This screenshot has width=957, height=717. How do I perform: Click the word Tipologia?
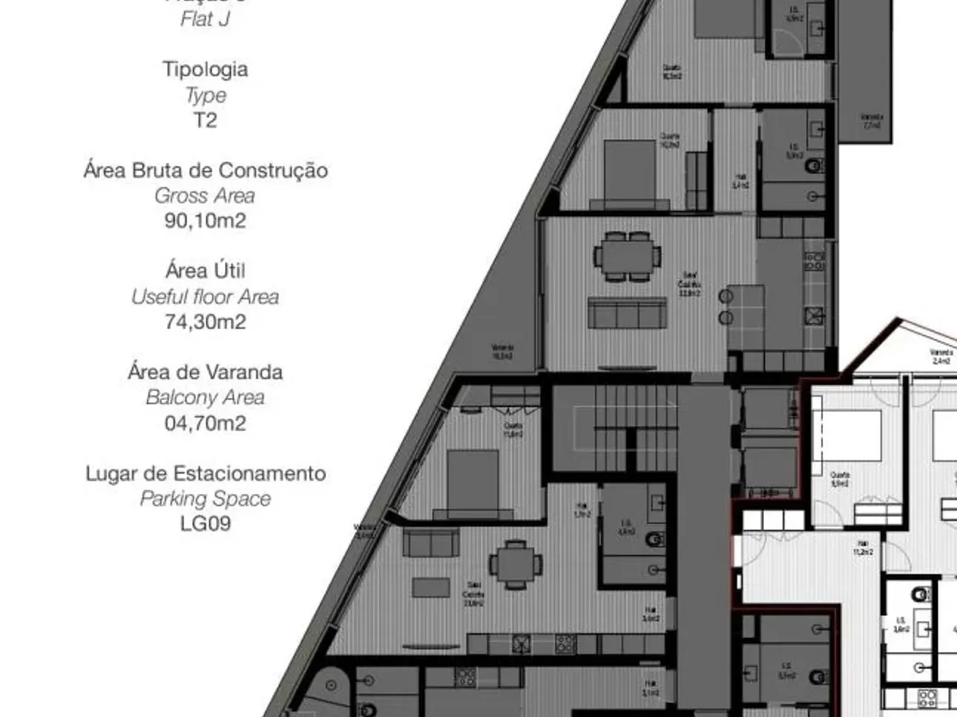tap(205, 69)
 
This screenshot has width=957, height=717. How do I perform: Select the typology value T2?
tap(205, 120)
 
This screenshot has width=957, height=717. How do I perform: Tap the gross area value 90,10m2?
tap(205, 221)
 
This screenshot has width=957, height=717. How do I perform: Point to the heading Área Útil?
tap(205, 271)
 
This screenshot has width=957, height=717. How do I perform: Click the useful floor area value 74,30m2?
tap(205, 322)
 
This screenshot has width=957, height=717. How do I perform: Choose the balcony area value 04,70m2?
tap(205, 423)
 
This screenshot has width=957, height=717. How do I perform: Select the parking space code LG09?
tap(205, 524)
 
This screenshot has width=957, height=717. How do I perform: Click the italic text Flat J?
tap(205, 19)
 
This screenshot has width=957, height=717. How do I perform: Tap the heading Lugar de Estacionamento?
tap(205, 473)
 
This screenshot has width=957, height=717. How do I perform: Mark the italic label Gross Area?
tap(205, 195)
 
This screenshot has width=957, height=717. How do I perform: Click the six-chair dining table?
tap(627, 256)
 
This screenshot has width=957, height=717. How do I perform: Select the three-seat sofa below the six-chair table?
tap(628, 313)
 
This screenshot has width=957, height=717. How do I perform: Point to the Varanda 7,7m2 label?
tap(871, 120)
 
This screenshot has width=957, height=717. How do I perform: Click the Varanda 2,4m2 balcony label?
tap(941, 355)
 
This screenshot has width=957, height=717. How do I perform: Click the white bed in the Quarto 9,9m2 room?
tap(847, 435)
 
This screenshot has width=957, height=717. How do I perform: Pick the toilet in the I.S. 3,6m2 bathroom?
tap(921, 594)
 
